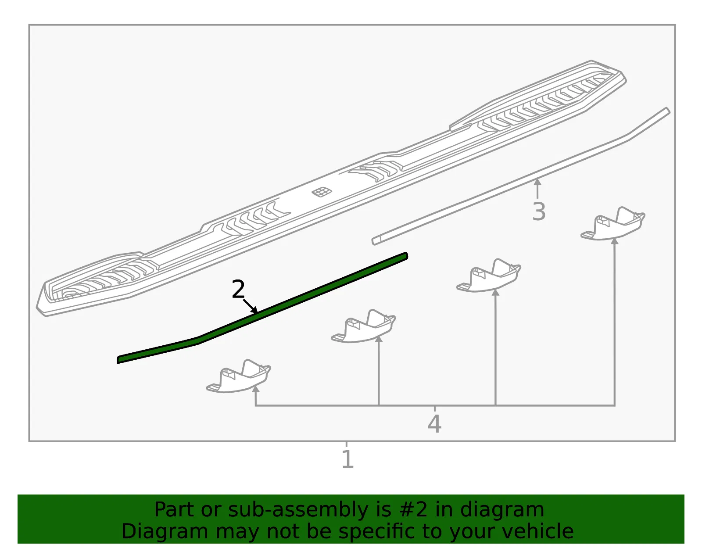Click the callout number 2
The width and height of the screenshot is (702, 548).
238,289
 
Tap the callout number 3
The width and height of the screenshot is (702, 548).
539,211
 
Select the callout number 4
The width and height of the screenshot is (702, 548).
434,424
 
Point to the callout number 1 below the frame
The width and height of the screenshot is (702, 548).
348,459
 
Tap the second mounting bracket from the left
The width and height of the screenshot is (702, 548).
363,326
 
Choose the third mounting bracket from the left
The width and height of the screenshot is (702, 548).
488,276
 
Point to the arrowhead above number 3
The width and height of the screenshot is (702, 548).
537,182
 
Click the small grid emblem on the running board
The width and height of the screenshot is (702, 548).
322,192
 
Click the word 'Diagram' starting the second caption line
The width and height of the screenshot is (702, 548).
165,532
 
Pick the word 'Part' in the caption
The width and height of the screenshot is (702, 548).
174,509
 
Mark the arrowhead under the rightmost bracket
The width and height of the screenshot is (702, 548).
614,241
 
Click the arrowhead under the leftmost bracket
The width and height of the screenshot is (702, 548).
255,389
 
